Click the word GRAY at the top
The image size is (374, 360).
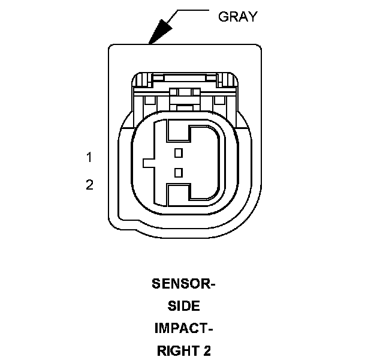pyautogui.click(x=237, y=16)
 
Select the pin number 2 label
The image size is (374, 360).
pyautogui.click(x=89, y=185)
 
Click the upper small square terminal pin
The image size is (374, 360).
pyautogui.click(x=177, y=152)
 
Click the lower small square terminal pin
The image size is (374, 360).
pyautogui.click(x=177, y=173)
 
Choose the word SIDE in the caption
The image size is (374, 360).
pyautogui.click(x=183, y=306)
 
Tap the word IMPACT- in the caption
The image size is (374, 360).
pyautogui.click(x=183, y=328)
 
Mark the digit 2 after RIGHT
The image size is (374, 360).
pyautogui.click(x=207, y=351)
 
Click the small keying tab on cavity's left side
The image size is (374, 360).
pyautogui.click(x=148, y=163)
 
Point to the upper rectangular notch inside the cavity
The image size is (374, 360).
pyautogui.click(x=179, y=130)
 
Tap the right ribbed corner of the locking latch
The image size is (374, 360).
pyautogui.click(x=226, y=79)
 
